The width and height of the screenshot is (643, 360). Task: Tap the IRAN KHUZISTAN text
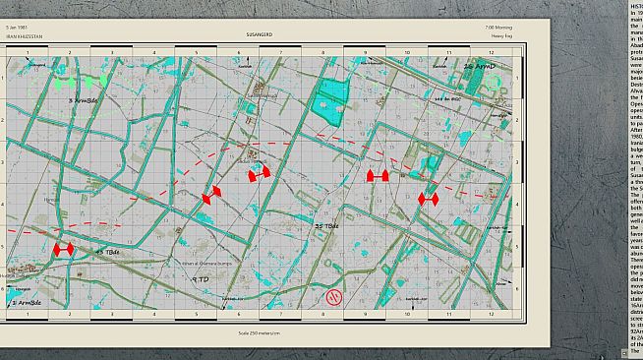(23, 34)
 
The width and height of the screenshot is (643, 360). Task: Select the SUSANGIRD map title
(261, 34)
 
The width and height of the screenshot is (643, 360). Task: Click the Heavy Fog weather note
(503, 34)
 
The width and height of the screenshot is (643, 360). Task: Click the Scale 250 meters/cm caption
(261, 332)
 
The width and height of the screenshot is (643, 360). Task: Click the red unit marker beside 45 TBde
(64, 251)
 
